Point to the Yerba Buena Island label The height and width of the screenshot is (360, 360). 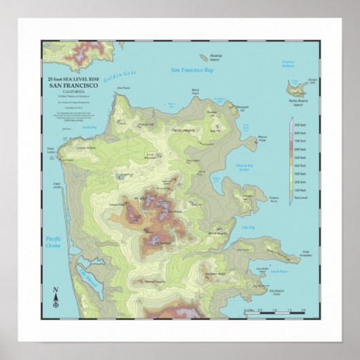tap(296, 102)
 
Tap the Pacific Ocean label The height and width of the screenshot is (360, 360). tap(53, 242)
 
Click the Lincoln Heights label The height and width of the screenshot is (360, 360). tap(86, 147)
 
